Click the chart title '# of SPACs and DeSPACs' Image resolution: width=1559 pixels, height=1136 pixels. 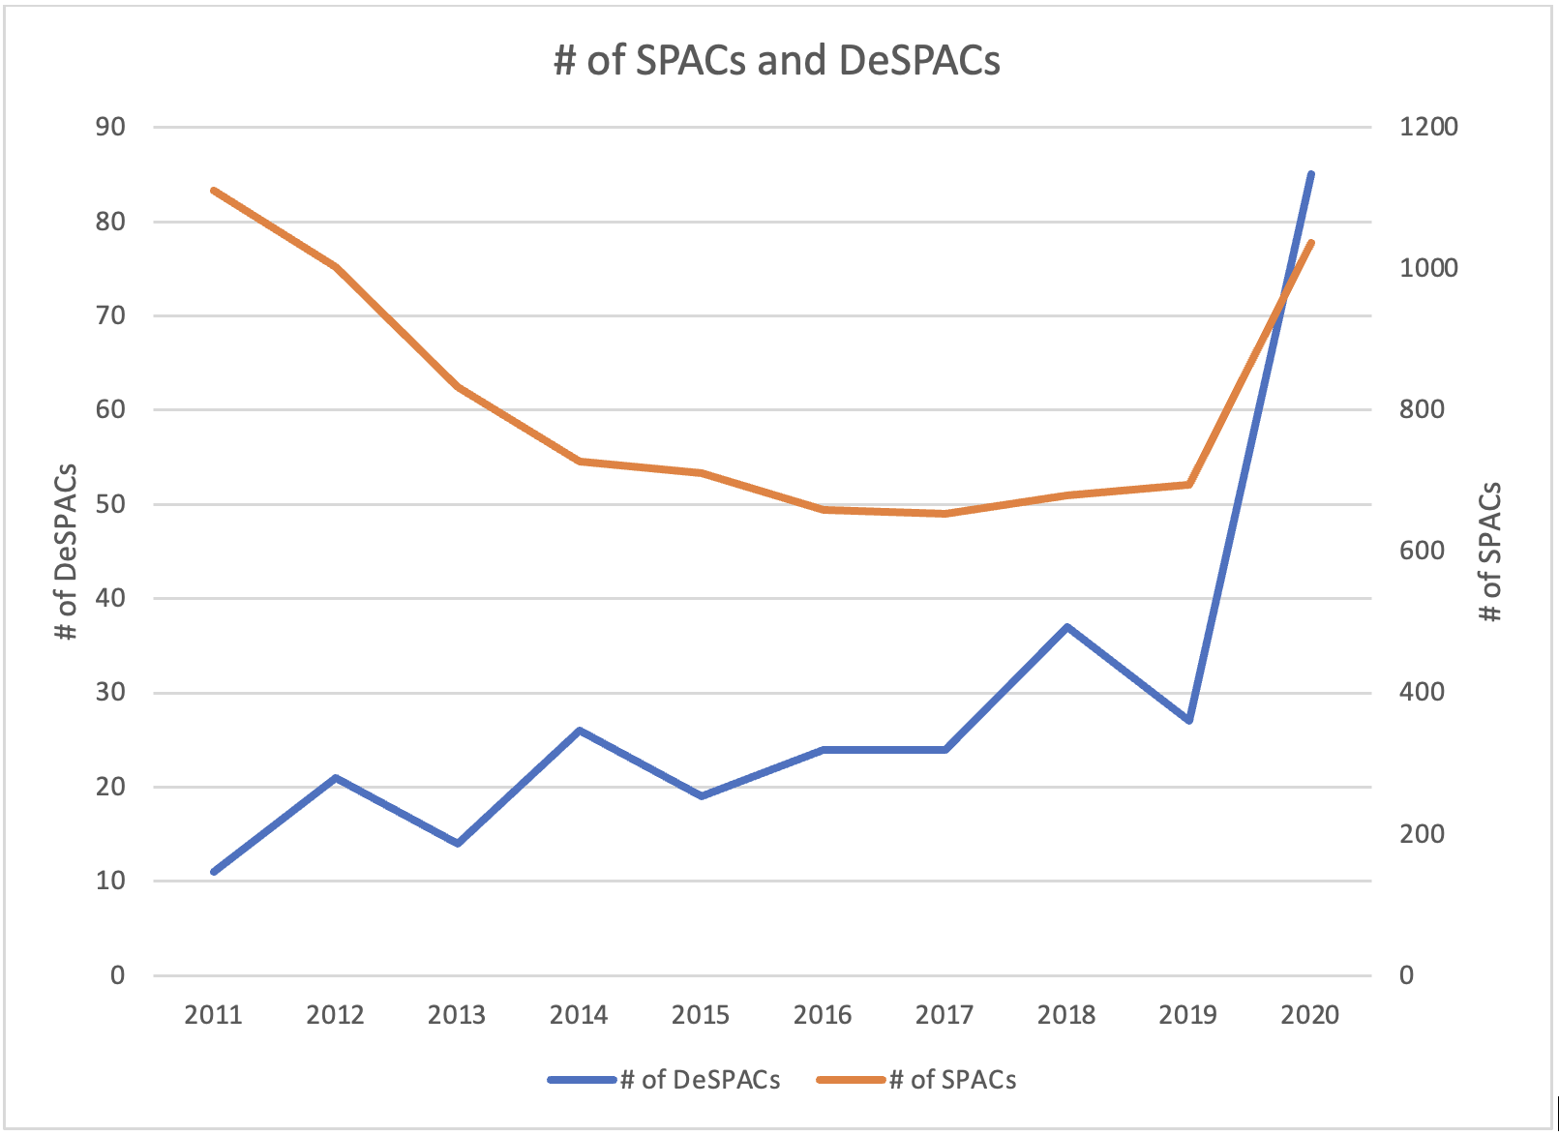(x=776, y=60)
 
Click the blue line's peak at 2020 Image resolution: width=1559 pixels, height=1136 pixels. (x=1310, y=174)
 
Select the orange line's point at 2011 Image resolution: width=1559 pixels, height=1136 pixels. (x=214, y=191)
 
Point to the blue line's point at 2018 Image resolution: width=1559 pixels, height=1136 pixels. (x=1066, y=627)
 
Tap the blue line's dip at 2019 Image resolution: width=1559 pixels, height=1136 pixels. (x=1188, y=721)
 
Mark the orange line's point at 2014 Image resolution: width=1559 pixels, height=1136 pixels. (x=579, y=462)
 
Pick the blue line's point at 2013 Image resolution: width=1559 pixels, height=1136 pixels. (x=458, y=844)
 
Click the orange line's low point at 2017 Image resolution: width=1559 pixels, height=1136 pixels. (x=944, y=514)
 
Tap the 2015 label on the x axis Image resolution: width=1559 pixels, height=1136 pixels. (x=701, y=1015)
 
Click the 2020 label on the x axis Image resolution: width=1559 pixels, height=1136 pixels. (x=1310, y=1015)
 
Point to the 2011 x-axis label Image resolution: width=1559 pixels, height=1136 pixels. (x=214, y=1015)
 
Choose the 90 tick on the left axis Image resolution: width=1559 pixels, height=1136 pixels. (x=110, y=127)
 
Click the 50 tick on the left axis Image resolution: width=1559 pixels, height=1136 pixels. (x=110, y=504)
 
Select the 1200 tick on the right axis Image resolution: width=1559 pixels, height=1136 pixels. (x=1428, y=127)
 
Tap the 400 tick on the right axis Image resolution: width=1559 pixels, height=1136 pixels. (x=1422, y=693)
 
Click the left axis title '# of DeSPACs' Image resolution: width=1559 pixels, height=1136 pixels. (x=66, y=553)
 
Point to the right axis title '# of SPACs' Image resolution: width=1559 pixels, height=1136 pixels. (x=1491, y=553)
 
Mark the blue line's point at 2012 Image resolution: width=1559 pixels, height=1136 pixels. (x=336, y=778)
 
